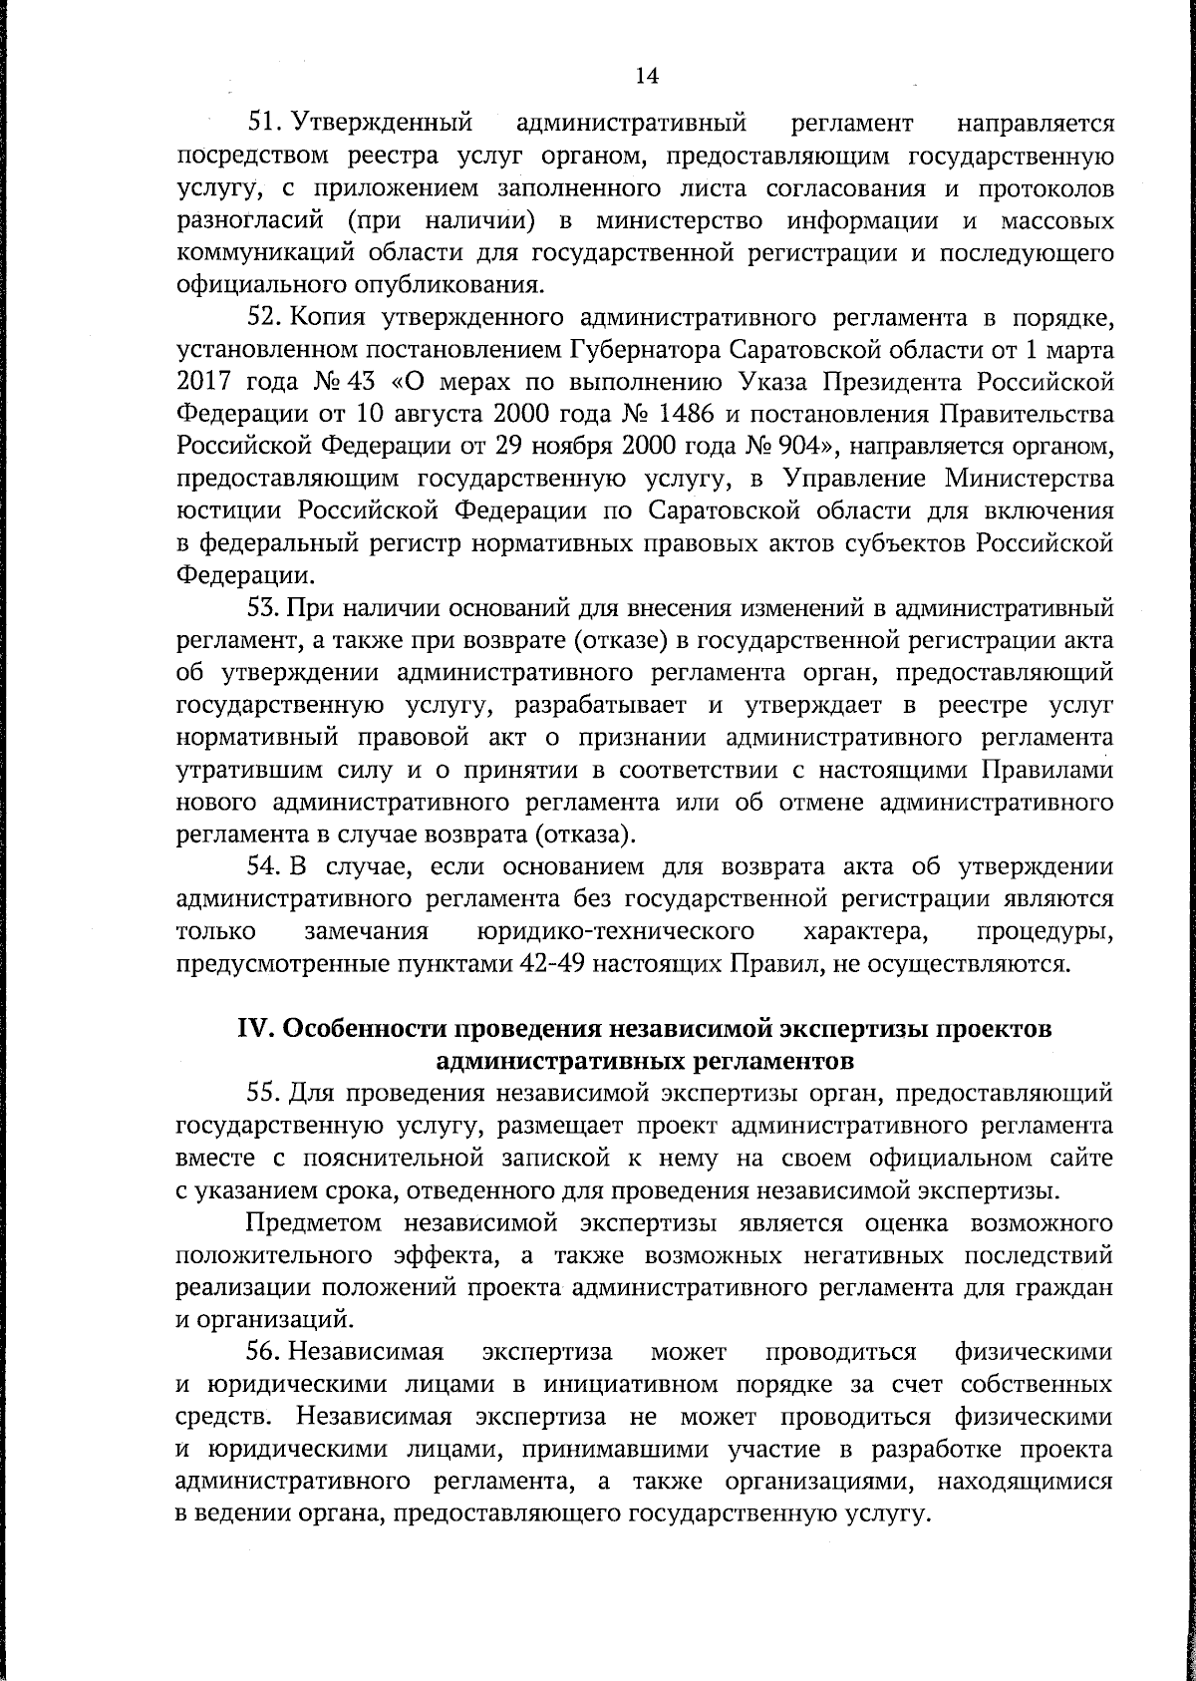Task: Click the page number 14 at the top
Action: click(x=647, y=76)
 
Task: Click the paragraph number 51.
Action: click(x=266, y=125)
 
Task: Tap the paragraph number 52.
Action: click(x=266, y=318)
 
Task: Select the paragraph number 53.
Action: click(x=266, y=607)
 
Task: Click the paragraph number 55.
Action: click(x=266, y=1093)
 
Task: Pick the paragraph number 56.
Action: click(x=266, y=1352)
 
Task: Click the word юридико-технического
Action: click(x=609, y=931)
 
